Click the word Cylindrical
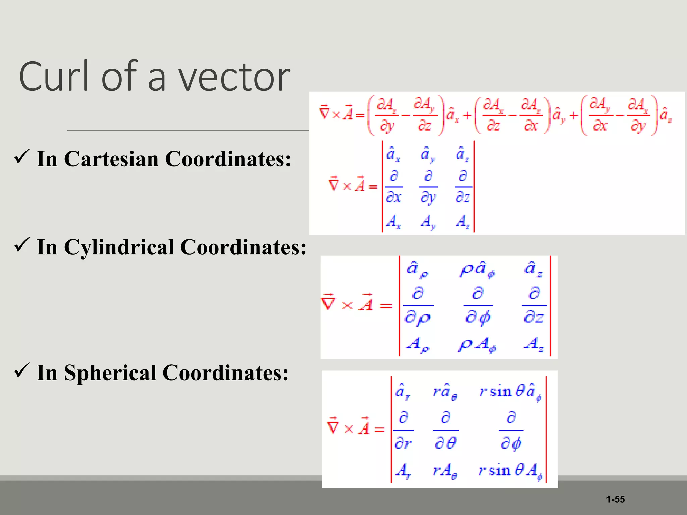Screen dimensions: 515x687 point(118,247)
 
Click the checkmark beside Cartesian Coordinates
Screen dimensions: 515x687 point(22,157)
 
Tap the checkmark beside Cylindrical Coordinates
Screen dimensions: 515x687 point(22,245)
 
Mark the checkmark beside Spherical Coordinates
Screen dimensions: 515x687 point(22,370)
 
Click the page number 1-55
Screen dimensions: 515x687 point(615,499)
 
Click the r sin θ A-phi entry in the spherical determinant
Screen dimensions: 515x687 point(510,471)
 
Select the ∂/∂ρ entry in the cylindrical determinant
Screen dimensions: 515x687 point(418,305)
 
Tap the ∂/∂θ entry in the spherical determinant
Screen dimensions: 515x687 point(445,430)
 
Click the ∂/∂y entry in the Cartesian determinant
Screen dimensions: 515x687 point(428,187)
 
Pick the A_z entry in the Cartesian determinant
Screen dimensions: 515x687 point(463,222)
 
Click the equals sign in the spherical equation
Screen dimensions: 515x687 point(379,430)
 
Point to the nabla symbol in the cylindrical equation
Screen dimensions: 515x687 point(328,302)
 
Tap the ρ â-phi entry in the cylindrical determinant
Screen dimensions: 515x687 point(477,270)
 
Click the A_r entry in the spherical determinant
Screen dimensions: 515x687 point(403,471)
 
